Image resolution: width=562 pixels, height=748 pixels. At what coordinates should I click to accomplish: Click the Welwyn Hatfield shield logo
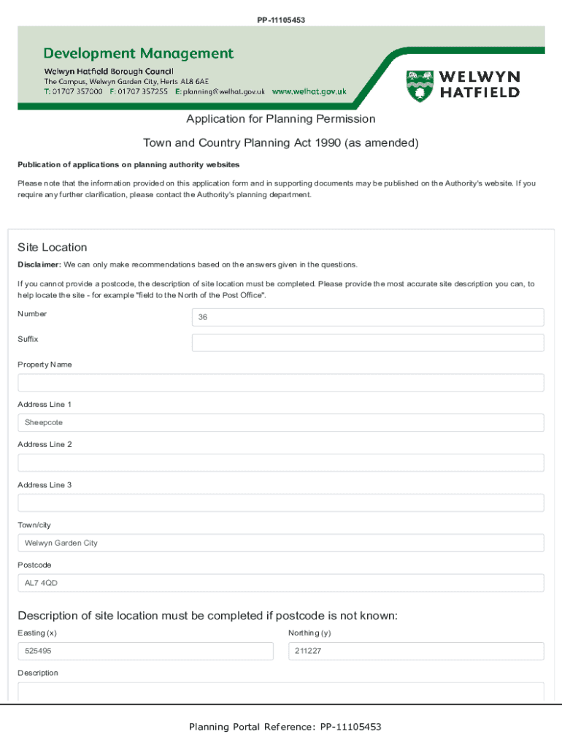pyautogui.click(x=419, y=85)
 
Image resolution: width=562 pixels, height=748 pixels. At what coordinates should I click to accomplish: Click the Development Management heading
pyautogui.click(x=139, y=53)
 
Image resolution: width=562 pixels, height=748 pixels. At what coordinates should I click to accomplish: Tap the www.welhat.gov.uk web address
pyautogui.click(x=309, y=92)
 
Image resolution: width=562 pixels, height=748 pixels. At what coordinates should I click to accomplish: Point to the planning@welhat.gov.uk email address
pyautogui.click(x=224, y=92)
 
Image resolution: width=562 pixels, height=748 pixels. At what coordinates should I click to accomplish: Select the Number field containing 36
pyautogui.click(x=367, y=317)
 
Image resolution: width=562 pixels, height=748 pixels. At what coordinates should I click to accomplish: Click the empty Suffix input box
pyautogui.click(x=367, y=343)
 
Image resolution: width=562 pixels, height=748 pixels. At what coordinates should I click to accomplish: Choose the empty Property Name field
pyautogui.click(x=280, y=383)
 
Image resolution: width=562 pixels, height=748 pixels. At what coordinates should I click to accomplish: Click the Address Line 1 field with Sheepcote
pyautogui.click(x=280, y=423)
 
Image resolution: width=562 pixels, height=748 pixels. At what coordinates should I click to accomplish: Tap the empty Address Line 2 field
pyautogui.click(x=280, y=463)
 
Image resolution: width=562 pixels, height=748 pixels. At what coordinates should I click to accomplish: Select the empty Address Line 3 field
pyautogui.click(x=280, y=503)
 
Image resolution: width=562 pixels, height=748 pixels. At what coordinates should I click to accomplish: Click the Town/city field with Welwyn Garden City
pyautogui.click(x=280, y=543)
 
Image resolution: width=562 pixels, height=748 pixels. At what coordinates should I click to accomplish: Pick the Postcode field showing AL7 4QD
pyautogui.click(x=280, y=583)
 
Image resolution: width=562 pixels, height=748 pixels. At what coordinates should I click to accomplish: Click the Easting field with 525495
pyautogui.click(x=145, y=651)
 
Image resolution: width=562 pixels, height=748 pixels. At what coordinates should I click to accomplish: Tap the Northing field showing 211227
pyautogui.click(x=416, y=651)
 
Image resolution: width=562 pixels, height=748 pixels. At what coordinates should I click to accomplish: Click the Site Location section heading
pyautogui.click(x=53, y=248)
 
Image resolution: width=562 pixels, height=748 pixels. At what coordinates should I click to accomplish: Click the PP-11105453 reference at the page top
pyautogui.click(x=281, y=20)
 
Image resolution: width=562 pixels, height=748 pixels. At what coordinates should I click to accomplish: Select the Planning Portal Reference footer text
pyautogui.click(x=285, y=727)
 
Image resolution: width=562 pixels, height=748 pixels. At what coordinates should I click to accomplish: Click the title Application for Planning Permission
pyautogui.click(x=280, y=119)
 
